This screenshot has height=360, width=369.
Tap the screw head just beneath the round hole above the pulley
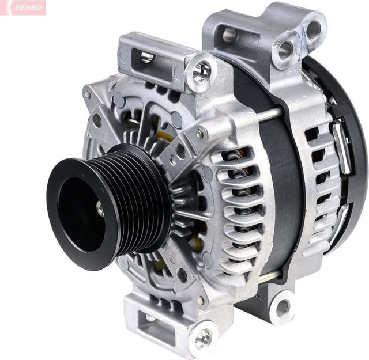point(199,134)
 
